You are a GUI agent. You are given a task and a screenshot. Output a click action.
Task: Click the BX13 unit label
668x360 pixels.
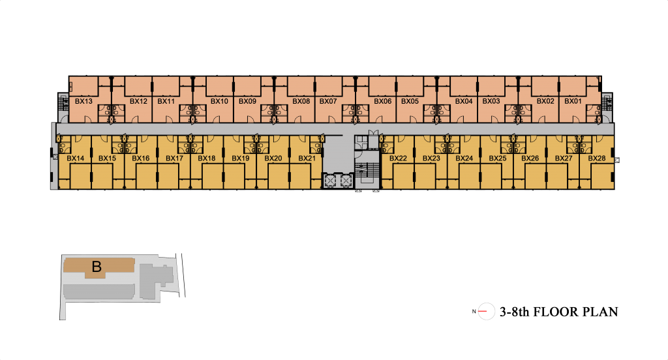[x=83, y=101]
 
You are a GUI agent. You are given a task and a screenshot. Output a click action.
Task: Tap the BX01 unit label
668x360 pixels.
[x=573, y=101]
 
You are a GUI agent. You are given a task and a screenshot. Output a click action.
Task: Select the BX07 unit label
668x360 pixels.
[x=328, y=101]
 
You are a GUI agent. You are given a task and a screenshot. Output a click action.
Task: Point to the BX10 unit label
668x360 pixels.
[x=219, y=101]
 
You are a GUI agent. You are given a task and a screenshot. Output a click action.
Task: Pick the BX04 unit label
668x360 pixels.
[x=464, y=101]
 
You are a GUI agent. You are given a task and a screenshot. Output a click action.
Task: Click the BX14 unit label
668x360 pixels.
[x=76, y=158]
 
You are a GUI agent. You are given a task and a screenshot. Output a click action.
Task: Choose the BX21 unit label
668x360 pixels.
[x=307, y=158]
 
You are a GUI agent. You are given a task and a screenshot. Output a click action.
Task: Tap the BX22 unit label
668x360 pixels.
[x=398, y=158]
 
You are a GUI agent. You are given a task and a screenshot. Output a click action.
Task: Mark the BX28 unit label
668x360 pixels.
[x=596, y=158]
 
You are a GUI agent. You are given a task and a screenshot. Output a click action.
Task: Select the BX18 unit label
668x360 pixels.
[x=207, y=158]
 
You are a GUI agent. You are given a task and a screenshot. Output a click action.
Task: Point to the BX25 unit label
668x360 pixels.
[x=498, y=158]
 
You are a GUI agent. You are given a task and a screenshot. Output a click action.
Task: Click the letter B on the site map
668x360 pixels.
[x=97, y=267]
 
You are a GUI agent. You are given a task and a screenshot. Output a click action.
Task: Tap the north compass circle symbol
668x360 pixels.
[x=486, y=312]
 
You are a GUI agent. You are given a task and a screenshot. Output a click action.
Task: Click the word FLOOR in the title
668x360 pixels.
[x=556, y=312]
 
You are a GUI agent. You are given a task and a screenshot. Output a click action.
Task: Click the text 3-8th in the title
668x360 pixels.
[x=514, y=312]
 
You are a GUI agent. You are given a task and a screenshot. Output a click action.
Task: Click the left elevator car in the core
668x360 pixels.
[x=330, y=181]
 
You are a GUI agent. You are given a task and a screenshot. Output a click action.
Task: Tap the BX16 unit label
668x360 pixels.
[x=141, y=158]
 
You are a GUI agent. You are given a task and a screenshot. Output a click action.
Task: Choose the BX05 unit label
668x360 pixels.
[x=410, y=101]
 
